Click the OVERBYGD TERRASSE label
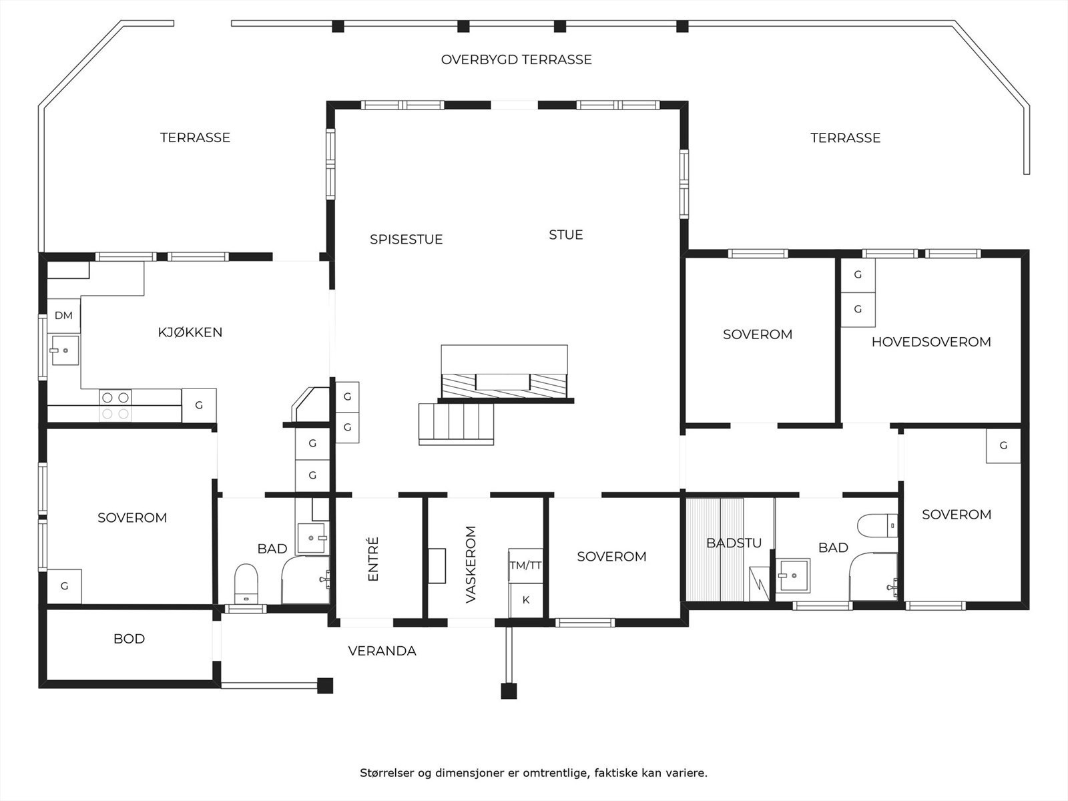tap(516, 59)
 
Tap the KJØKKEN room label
tap(190, 332)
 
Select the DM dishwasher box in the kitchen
tap(63, 316)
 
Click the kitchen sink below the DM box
tap(65, 350)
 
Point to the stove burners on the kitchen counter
tap(115, 405)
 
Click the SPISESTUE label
tap(407, 239)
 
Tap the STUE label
tap(566, 235)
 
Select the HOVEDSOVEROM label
tap(931, 342)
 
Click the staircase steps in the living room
tap(457, 424)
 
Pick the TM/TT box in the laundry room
tap(525, 565)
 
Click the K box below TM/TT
tap(525, 600)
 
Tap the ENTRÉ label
tap(373, 559)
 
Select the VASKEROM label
tap(471, 565)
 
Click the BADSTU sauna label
tap(734, 543)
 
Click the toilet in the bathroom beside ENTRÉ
tap(246, 583)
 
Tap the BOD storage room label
tap(129, 639)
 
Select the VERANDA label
tap(382, 651)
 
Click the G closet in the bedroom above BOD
tap(64, 587)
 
